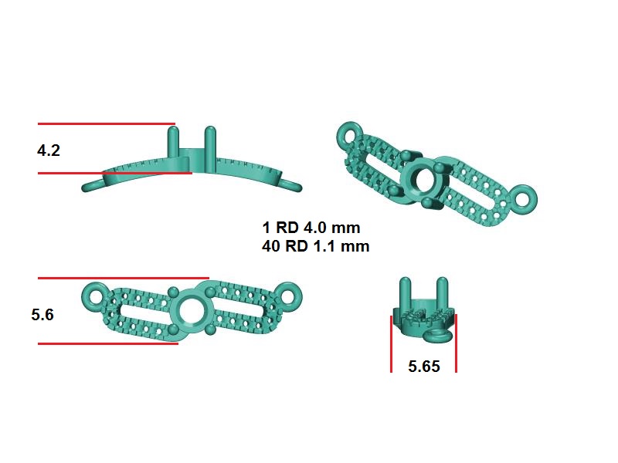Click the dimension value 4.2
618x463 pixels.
(x=49, y=150)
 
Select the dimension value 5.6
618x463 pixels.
(x=42, y=315)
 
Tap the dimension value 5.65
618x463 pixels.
(x=423, y=366)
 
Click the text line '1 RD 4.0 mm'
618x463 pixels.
(x=311, y=228)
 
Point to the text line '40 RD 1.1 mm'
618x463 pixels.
(x=316, y=246)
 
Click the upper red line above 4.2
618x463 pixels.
(x=107, y=123)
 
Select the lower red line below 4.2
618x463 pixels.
(x=115, y=173)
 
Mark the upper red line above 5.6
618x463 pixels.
(x=124, y=278)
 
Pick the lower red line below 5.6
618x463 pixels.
(x=108, y=343)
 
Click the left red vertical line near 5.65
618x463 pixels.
(x=391, y=343)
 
